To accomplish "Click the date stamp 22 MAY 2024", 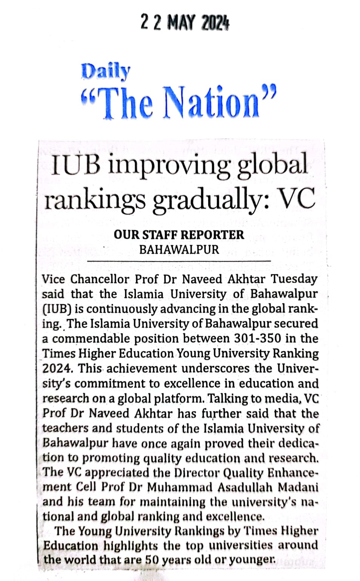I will pos(185,22).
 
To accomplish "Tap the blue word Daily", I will pos(106,71).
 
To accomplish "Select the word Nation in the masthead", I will pos(212,101).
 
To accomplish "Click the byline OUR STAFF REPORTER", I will pos(179,235).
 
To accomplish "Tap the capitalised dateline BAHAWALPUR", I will pos(179,249).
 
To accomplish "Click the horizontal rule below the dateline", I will pos(179,261).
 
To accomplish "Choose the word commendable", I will pos(90,338).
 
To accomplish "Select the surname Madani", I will pos(298,487).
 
